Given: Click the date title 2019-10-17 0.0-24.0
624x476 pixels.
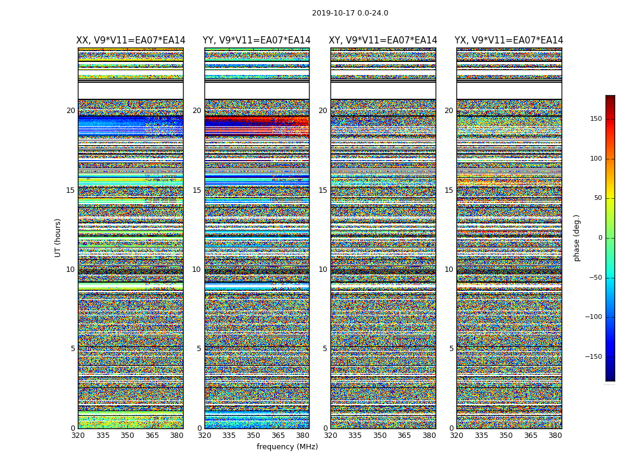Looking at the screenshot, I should tap(350, 13).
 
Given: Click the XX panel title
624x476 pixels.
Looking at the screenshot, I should tap(130, 40).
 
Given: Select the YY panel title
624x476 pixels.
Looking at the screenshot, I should tap(256, 40).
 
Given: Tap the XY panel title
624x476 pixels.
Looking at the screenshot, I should tap(383, 40).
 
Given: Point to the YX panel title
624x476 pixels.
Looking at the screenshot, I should tap(509, 40).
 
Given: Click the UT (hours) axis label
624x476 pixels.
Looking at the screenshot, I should tap(58, 237).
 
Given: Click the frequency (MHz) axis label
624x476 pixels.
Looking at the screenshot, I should tap(287, 447).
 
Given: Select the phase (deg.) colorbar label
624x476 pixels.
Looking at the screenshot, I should tap(576, 237).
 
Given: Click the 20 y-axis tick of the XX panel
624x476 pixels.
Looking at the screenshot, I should tap(71, 111).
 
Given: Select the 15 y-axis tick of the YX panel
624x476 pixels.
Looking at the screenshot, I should tap(449, 190).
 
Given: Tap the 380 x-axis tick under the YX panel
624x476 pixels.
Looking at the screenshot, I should tap(555, 436).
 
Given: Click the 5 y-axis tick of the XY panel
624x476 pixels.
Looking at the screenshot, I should tap(325, 349).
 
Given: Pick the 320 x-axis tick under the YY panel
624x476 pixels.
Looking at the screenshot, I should tap(204, 436).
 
